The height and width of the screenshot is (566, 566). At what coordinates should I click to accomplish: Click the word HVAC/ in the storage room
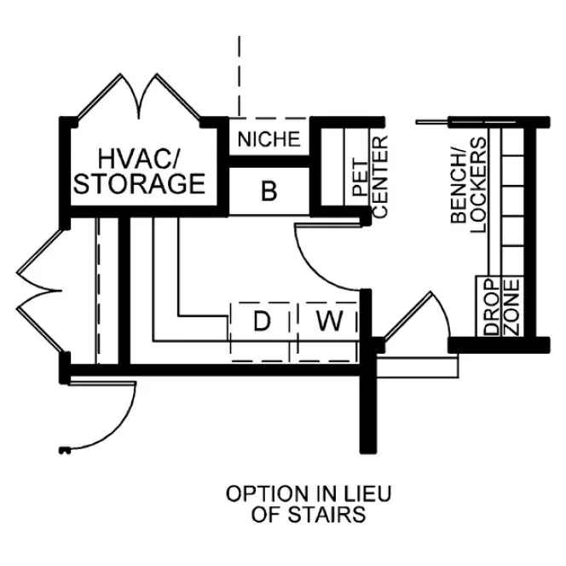[x=136, y=158]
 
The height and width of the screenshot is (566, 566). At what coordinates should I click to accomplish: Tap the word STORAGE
[x=140, y=184]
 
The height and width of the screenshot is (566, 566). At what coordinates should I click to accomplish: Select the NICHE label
[x=269, y=139]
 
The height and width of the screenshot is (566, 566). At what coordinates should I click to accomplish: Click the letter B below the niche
[x=269, y=192]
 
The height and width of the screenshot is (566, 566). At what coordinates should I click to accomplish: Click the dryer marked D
[x=262, y=322]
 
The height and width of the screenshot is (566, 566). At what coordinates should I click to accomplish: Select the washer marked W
[x=326, y=322]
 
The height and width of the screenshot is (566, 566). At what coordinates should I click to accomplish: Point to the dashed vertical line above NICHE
[x=240, y=77]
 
